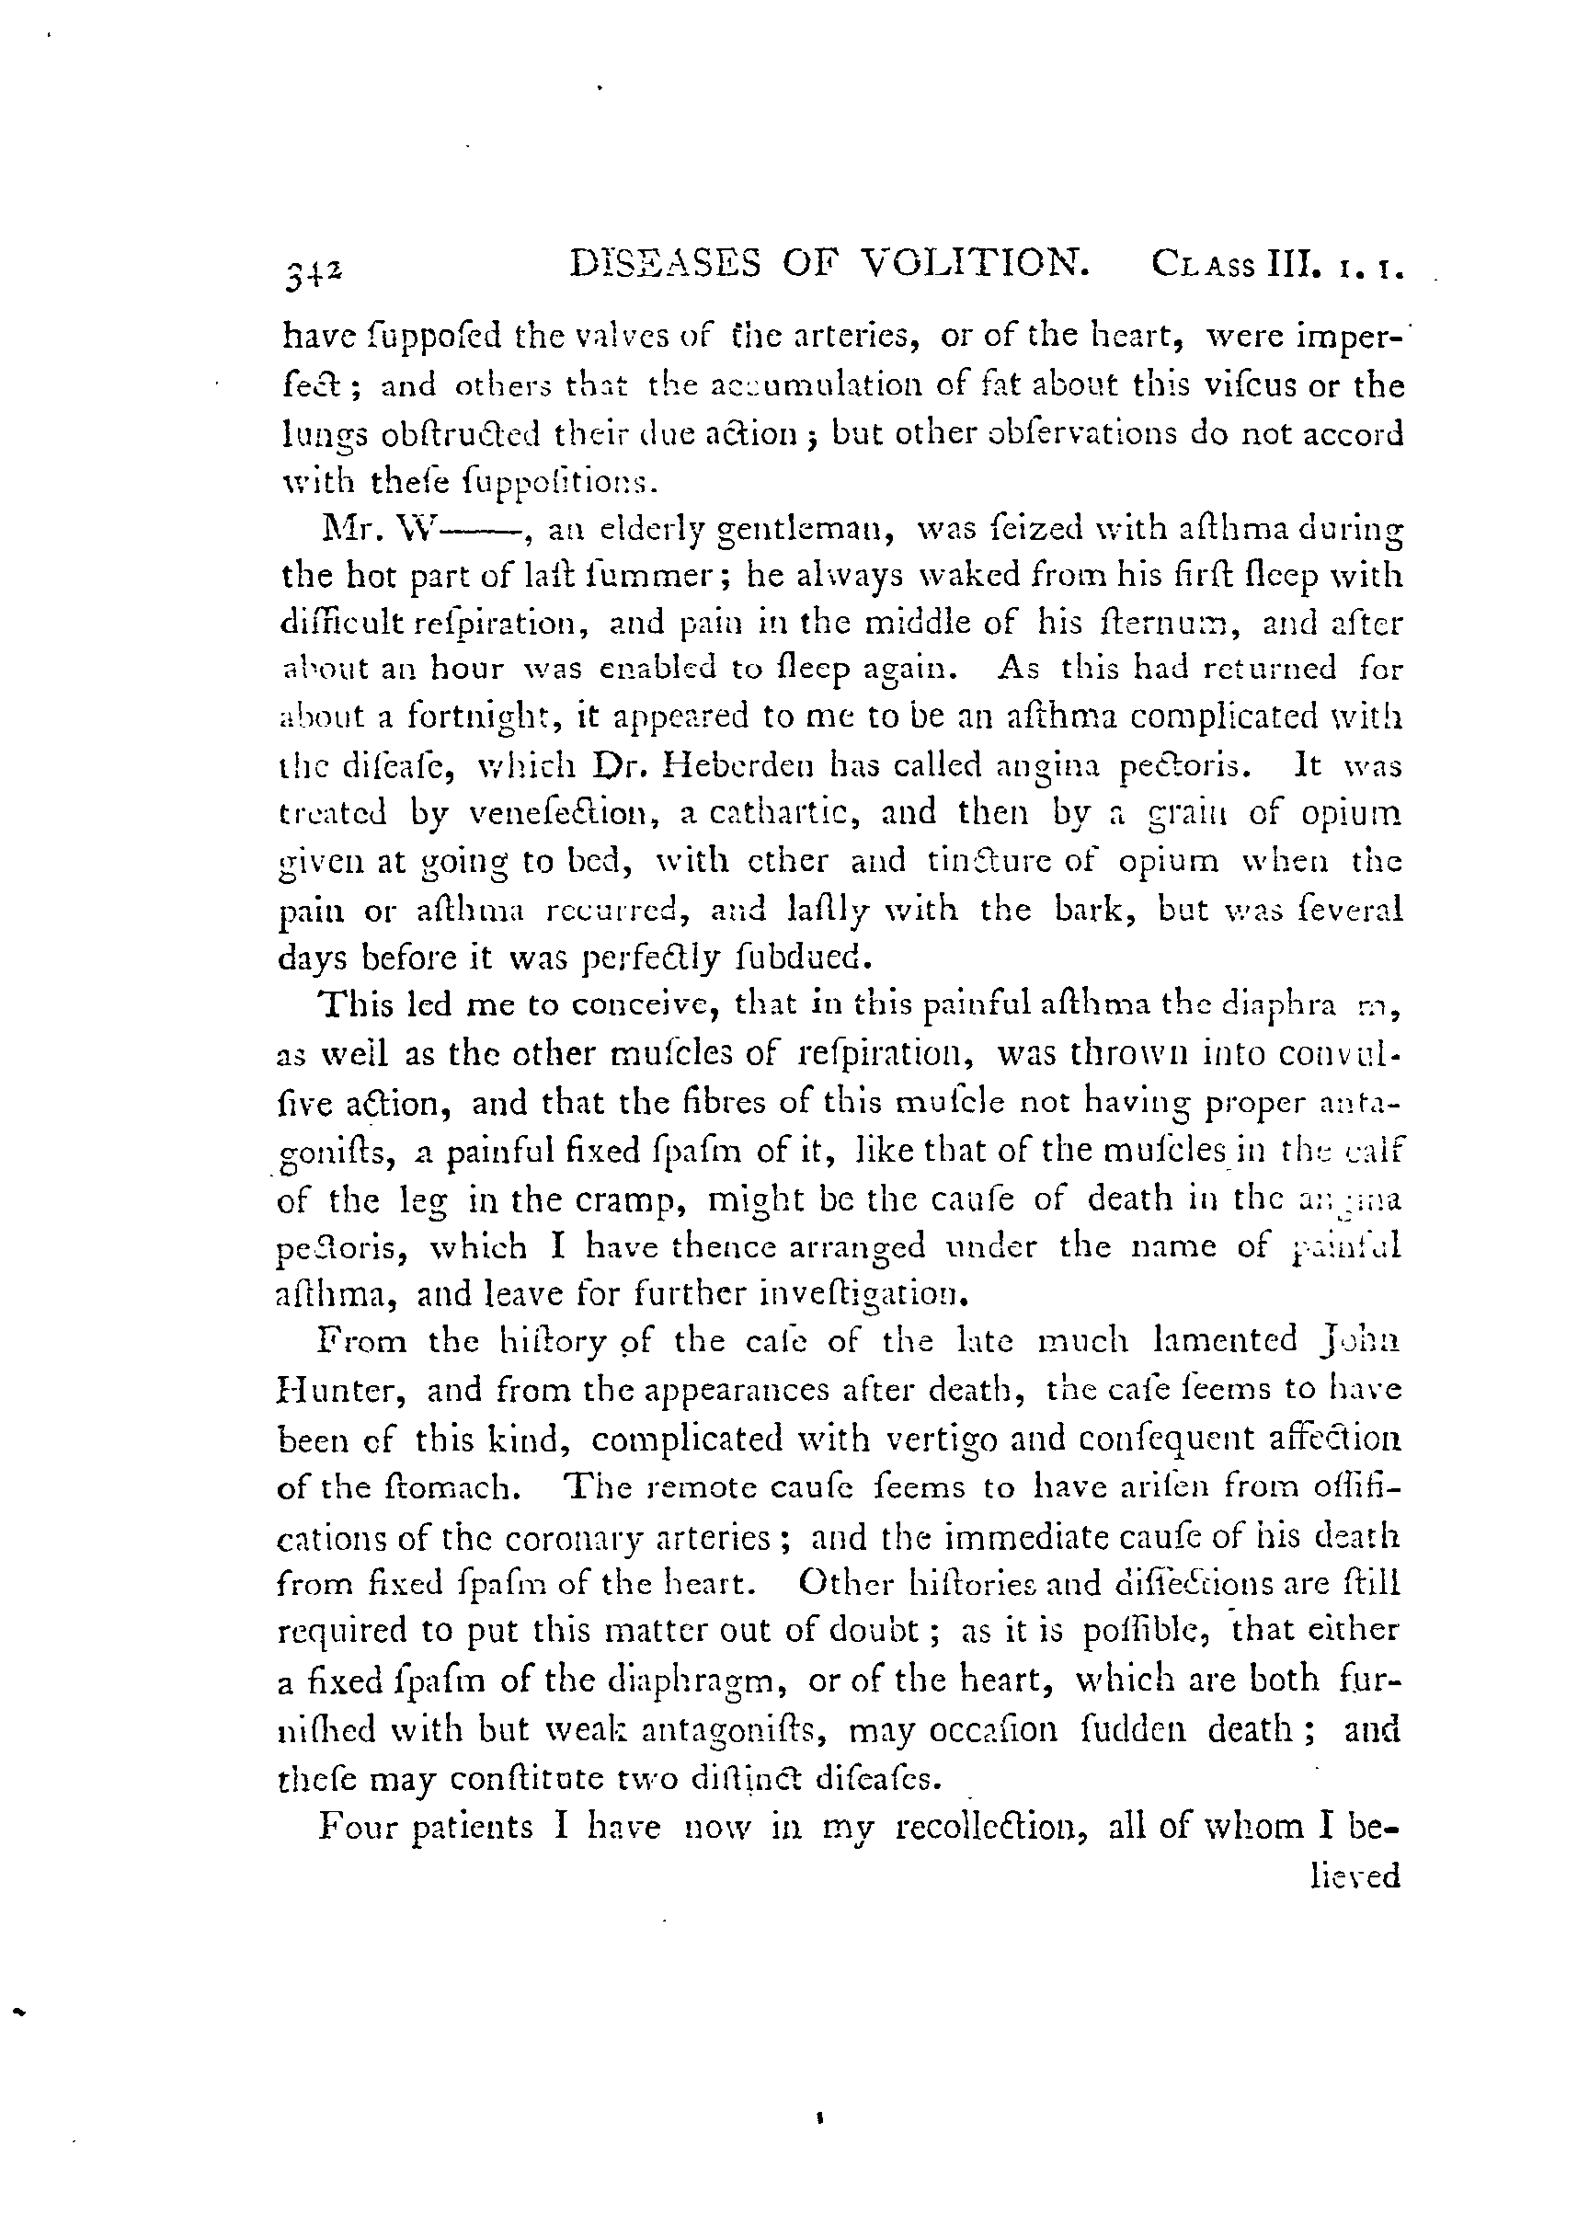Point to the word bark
click(1101, 909)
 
